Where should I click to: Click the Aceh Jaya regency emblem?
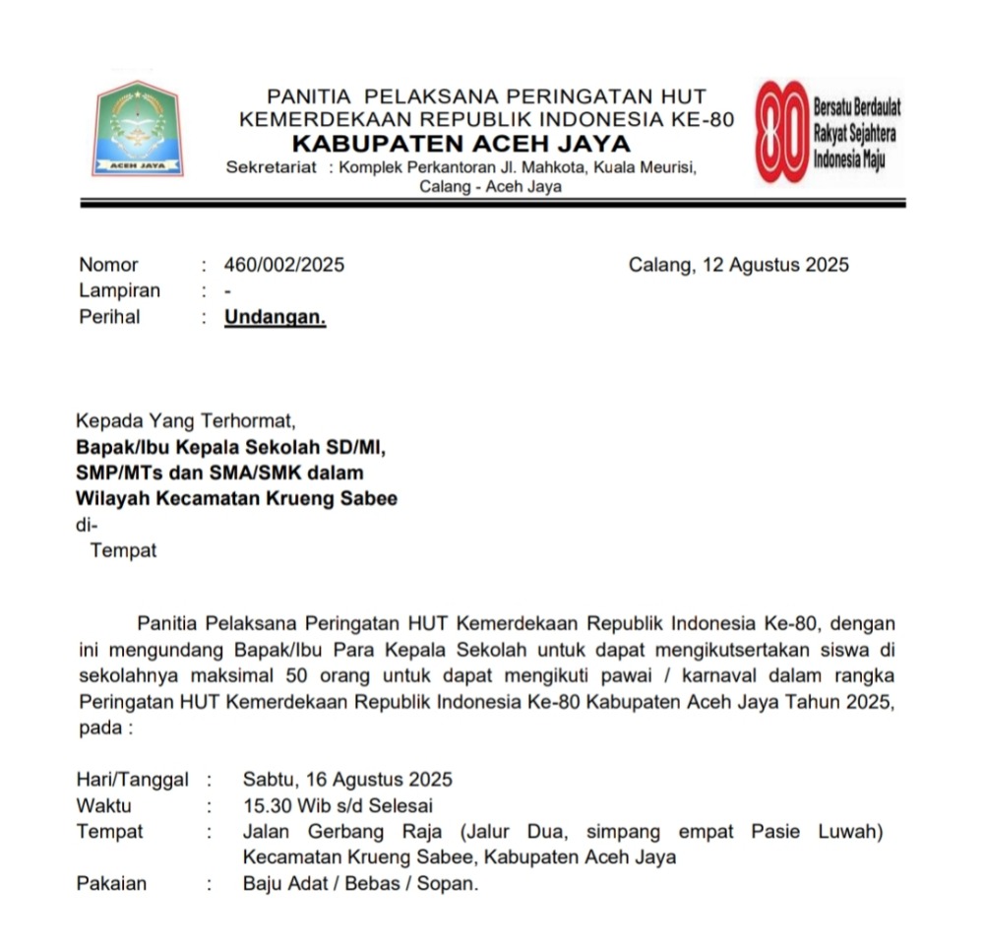(x=138, y=130)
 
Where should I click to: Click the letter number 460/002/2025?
(x=284, y=265)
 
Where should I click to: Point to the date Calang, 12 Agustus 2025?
(x=738, y=265)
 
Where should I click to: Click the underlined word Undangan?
(x=275, y=317)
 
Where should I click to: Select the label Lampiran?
(x=119, y=291)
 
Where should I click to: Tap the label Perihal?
(x=109, y=317)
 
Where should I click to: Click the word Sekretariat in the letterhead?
(x=272, y=167)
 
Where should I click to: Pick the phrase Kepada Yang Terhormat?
(x=185, y=422)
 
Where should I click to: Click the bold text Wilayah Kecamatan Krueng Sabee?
(x=237, y=499)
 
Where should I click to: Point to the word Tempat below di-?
(x=123, y=550)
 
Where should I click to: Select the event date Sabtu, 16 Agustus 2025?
(x=348, y=780)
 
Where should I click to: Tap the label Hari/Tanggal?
(x=132, y=780)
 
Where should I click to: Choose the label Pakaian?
(x=111, y=883)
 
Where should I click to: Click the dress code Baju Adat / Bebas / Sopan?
(x=360, y=883)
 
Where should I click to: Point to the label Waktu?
(x=103, y=805)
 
